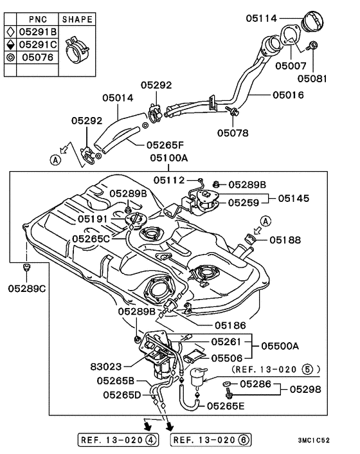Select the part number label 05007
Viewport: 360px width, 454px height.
pyautogui.click(x=291, y=66)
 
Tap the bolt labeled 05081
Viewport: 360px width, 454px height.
pyautogui.click(x=313, y=45)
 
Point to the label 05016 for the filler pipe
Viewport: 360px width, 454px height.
pyautogui.click(x=288, y=95)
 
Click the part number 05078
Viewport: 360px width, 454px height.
pyautogui.click(x=233, y=133)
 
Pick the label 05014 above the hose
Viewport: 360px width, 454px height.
pyautogui.click(x=118, y=98)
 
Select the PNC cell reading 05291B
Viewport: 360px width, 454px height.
pyautogui.click(x=38, y=32)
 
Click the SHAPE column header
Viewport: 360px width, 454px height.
pyautogui.click(x=77, y=19)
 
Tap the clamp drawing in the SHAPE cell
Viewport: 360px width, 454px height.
pyautogui.click(x=77, y=50)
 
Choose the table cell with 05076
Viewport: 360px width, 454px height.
pyautogui.click(x=38, y=57)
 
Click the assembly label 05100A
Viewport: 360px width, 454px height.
pyautogui.click(x=168, y=158)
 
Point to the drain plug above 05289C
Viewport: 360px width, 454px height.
pyautogui.click(x=26, y=267)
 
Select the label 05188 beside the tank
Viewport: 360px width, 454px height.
pyautogui.click(x=285, y=240)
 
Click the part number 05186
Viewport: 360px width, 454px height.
pyautogui.click(x=230, y=325)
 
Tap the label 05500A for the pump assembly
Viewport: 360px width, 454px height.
pyautogui.click(x=280, y=346)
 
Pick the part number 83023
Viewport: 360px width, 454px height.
pyautogui.click(x=106, y=367)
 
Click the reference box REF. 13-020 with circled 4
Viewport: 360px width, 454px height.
pyautogui.click(x=118, y=440)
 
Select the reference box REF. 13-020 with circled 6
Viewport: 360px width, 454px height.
pyautogui.click(x=211, y=440)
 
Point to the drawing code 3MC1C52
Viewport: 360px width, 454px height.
pyautogui.click(x=314, y=440)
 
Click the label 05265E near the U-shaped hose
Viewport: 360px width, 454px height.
pyautogui.click(x=226, y=406)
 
